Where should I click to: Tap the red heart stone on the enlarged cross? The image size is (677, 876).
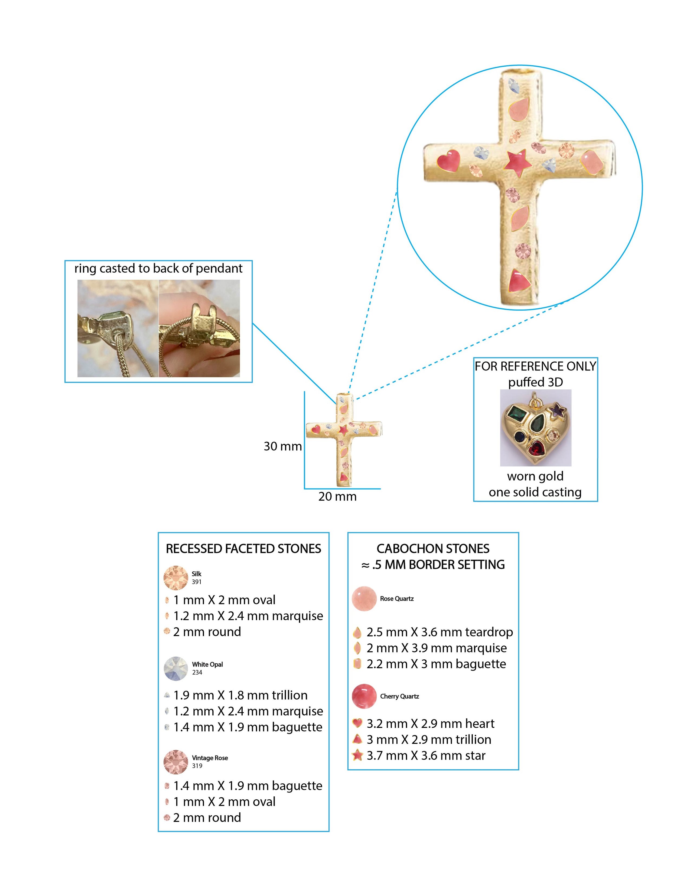click(448, 160)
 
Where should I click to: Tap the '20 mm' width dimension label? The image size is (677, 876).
click(337, 497)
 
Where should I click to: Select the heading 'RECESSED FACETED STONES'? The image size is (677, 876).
click(243, 548)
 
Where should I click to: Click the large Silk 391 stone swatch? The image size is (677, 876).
click(176, 578)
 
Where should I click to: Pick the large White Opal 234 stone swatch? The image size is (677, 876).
click(176, 668)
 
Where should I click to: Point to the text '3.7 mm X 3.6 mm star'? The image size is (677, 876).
click(426, 756)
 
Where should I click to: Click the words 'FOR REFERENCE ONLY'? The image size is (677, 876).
click(535, 366)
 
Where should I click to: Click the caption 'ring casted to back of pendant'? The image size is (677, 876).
click(158, 268)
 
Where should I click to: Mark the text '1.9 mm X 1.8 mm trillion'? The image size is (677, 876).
click(240, 695)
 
